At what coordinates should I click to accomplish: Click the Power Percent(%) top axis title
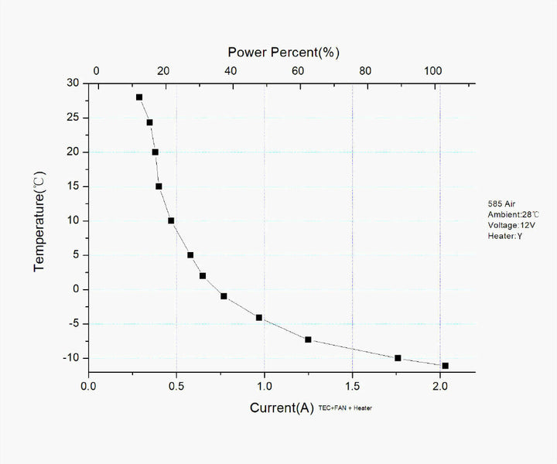(283, 53)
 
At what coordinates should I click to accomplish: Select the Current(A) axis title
(282, 408)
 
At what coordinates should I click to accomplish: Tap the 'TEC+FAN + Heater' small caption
(345, 408)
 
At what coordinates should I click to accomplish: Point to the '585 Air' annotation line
(502, 203)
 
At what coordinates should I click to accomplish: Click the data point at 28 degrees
(139, 97)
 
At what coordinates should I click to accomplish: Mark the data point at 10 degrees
(171, 220)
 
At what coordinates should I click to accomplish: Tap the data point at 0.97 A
(259, 318)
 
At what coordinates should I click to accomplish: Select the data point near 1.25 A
(308, 339)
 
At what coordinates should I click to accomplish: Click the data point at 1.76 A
(398, 358)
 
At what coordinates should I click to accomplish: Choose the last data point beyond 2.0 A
(445, 366)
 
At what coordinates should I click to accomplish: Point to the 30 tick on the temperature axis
(73, 84)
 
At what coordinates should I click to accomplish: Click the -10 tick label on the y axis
(71, 358)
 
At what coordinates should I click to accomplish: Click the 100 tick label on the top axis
(432, 71)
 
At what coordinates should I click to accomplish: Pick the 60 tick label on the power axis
(298, 71)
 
